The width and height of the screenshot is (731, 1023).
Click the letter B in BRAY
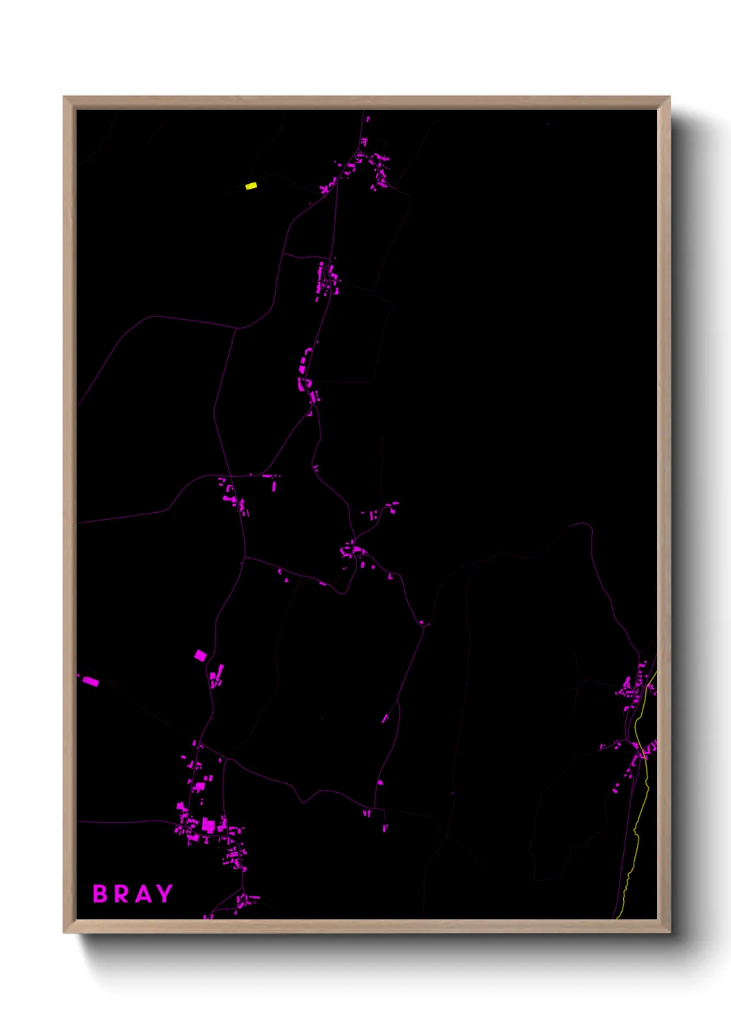coord(100,894)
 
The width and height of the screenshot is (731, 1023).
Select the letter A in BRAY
coord(142,894)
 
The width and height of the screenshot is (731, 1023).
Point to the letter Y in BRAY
coord(164,894)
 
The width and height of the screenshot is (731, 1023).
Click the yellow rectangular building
coord(251,186)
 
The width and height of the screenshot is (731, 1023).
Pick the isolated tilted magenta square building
coord(200,655)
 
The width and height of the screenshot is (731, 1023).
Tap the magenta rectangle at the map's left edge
coord(91,682)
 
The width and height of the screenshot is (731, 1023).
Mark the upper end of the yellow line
coord(655,674)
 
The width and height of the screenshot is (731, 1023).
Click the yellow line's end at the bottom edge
coord(617,917)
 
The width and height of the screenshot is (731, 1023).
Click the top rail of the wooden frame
coord(366,102)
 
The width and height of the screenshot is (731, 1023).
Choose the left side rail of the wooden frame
coord(69,511)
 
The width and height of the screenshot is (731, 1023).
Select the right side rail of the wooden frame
coord(663,511)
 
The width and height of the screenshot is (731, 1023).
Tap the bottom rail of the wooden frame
coord(366,926)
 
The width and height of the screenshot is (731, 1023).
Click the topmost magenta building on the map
coord(367,120)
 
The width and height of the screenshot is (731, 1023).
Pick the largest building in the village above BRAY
coord(208,825)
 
